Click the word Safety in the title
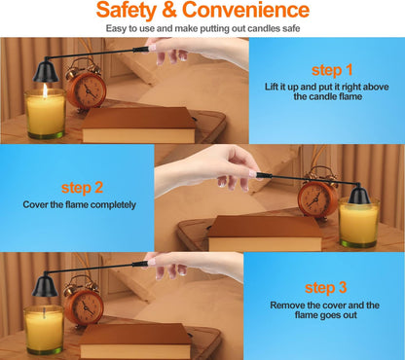(x=127, y=11)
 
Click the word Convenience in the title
(x=245, y=10)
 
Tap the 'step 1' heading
(x=332, y=70)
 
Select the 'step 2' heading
(x=82, y=188)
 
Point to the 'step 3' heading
(x=325, y=288)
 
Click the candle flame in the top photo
(x=45, y=90)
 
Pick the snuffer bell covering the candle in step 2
(x=359, y=195)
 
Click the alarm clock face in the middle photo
(x=315, y=198)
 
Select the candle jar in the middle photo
(x=358, y=223)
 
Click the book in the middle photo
(x=265, y=234)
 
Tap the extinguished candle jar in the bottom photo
(x=44, y=330)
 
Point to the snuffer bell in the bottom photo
(x=45, y=285)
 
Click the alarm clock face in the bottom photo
(x=86, y=307)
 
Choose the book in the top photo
(x=138, y=125)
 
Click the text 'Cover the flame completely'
(x=80, y=205)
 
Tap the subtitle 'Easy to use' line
(x=202, y=28)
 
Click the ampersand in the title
(x=169, y=10)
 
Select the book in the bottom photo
(x=134, y=342)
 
